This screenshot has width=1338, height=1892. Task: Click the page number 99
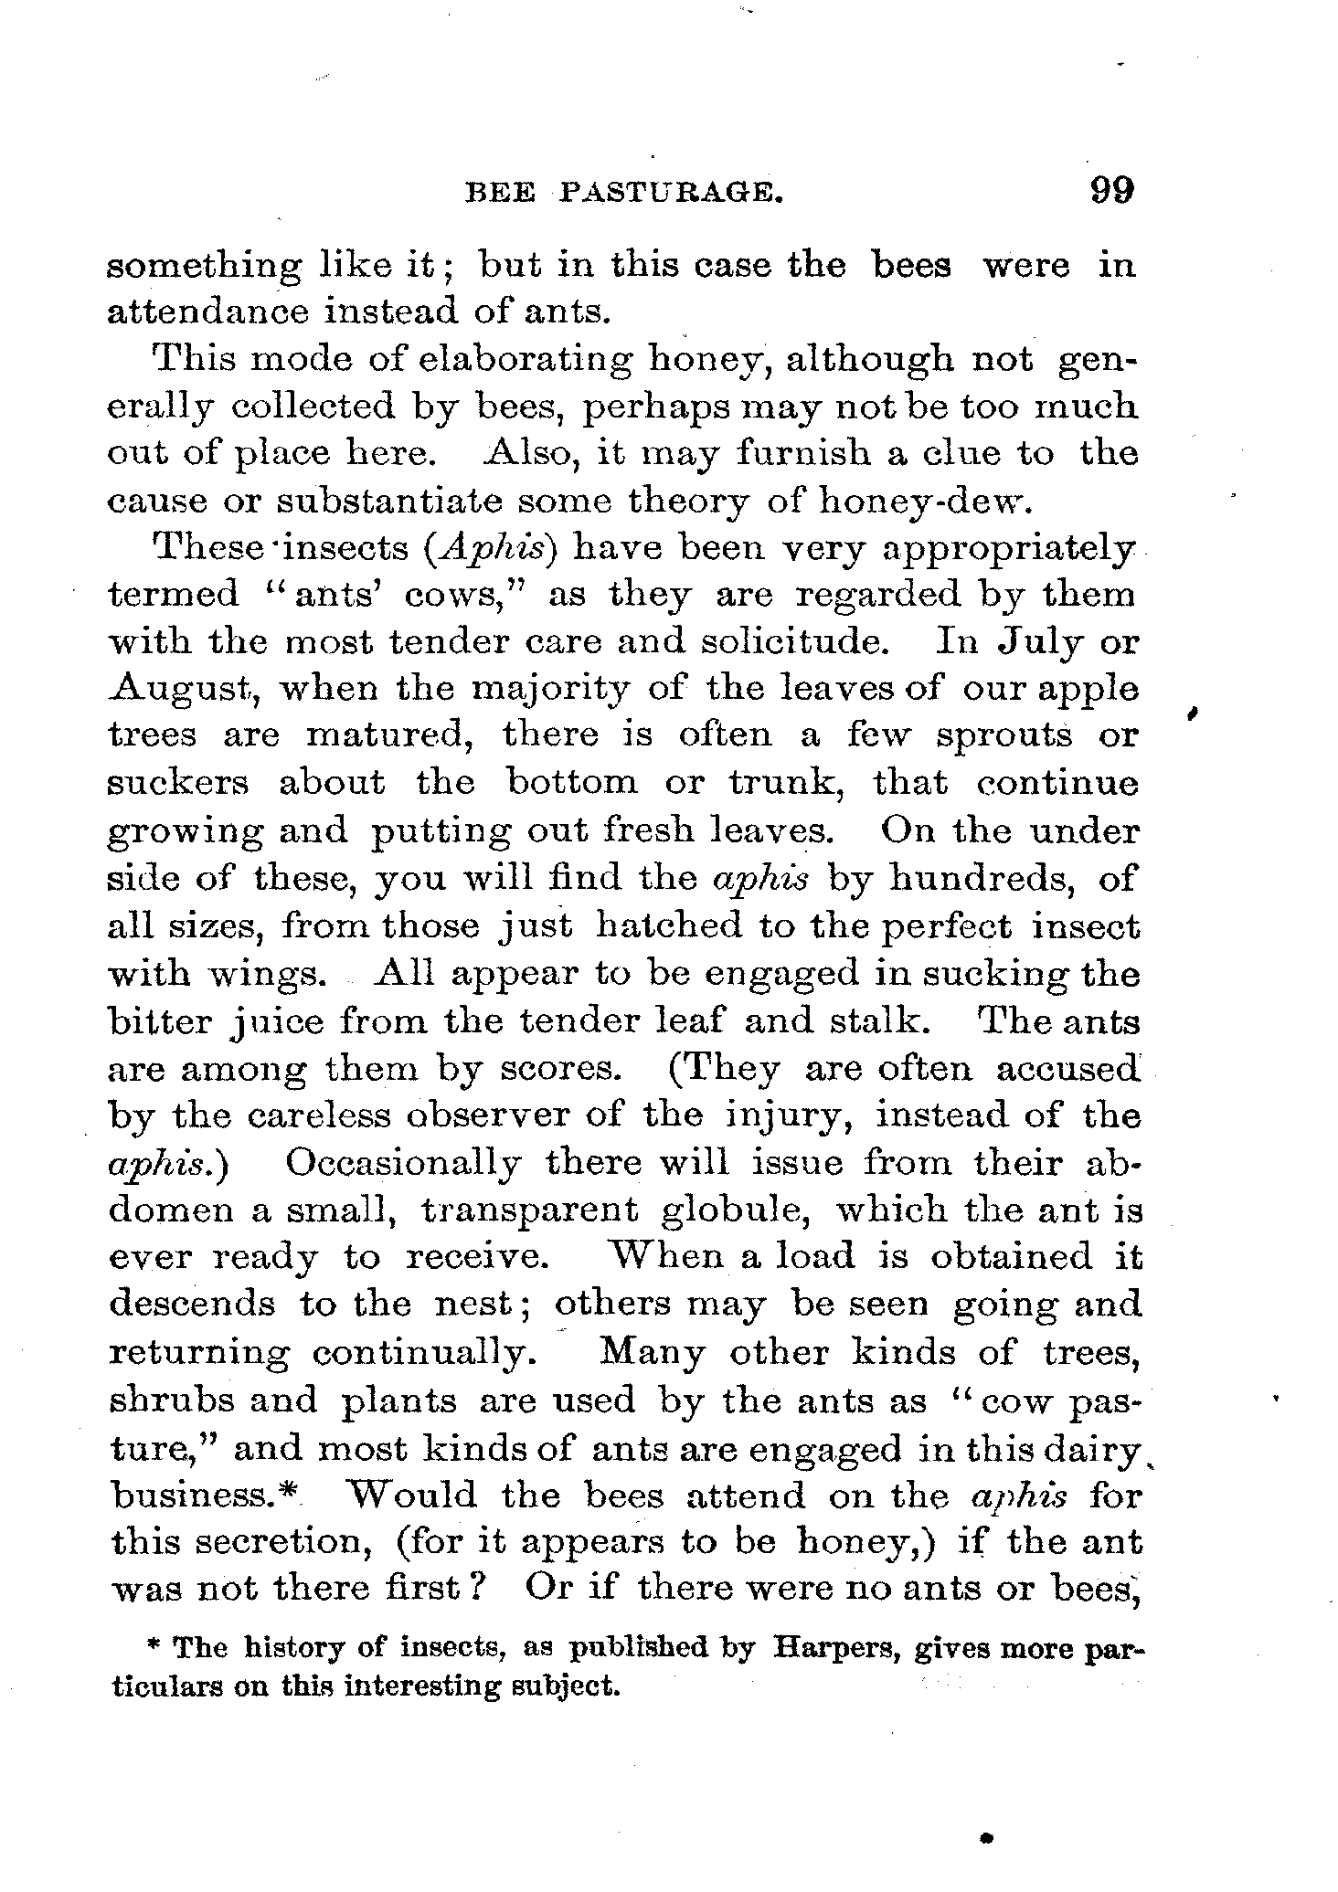[x=1110, y=191]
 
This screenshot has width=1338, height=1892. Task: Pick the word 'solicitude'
[x=793, y=641]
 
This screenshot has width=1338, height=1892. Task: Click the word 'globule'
[x=736, y=1210]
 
